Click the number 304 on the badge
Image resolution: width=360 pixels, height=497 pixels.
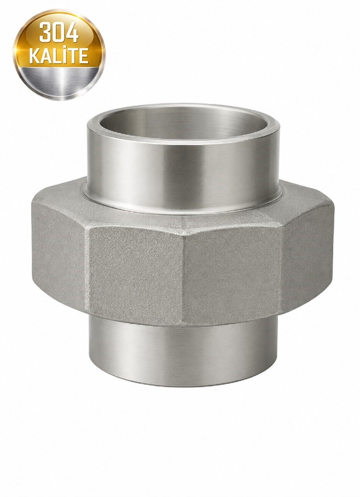pos(59,33)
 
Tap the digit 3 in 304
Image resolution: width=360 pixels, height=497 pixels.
pos(45,33)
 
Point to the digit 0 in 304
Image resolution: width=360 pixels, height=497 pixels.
pos(59,33)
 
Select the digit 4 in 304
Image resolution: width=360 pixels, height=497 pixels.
pos(72,33)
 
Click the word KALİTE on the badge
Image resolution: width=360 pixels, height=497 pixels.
pos(59,56)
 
